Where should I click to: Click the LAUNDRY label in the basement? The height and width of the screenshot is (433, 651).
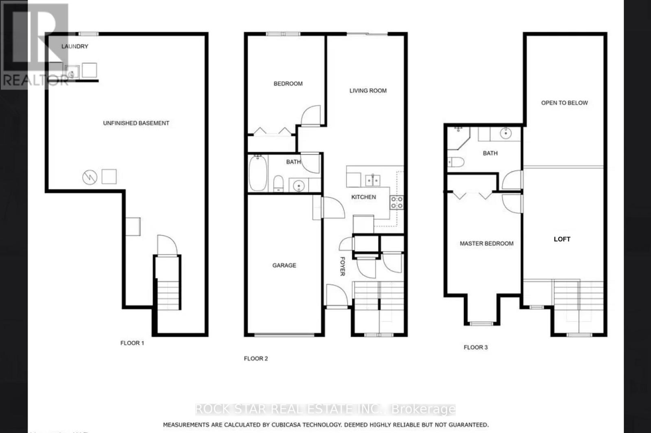[x=75, y=46]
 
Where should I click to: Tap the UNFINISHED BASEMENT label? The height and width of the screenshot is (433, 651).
[x=136, y=123]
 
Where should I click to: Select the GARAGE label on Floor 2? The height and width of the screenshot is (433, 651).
[x=284, y=265]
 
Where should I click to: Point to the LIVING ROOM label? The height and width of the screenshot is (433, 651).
[x=368, y=91]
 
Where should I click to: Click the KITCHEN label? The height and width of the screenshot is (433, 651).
[x=363, y=197]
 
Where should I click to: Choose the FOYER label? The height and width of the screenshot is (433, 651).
[x=342, y=266]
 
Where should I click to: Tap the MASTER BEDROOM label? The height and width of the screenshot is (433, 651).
[x=486, y=243]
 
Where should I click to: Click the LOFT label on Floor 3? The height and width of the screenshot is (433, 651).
[x=562, y=239]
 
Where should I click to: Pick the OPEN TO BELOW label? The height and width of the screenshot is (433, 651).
[x=564, y=103]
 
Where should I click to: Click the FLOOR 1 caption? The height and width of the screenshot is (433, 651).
[x=132, y=343]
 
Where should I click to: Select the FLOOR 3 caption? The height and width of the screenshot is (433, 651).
[x=475, y=347]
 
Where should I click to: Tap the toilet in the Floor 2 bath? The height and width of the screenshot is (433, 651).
[x=279, y=183]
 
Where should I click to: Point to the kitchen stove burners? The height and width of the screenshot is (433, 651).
[x=397, y=202]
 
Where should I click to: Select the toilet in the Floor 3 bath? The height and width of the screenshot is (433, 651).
[x=456, y=162]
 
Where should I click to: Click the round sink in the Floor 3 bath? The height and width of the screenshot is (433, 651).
[x=505, y=133]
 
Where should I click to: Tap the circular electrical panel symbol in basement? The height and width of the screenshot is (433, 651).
[x=90, y=177]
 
